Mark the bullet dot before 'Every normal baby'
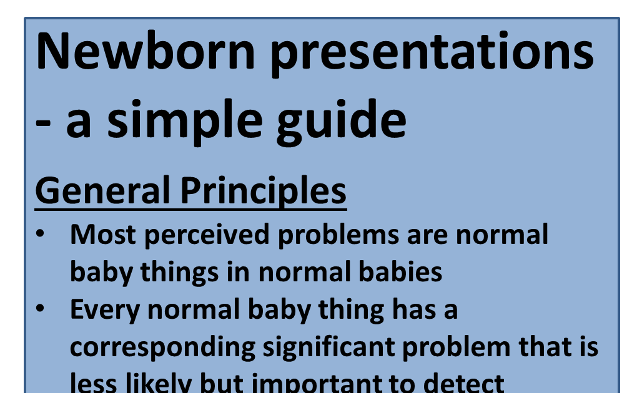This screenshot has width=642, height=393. [x=40, y=309]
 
